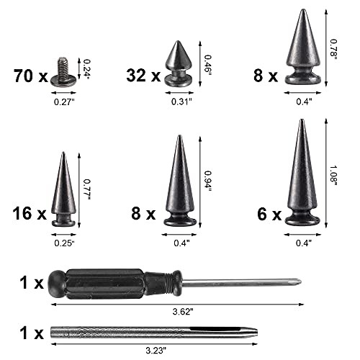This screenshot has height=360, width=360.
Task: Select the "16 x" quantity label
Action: [x=29, y=213]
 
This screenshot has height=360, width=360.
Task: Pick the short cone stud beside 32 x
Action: [x=178, y=64]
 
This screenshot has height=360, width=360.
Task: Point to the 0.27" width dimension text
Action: [x=63, y=101]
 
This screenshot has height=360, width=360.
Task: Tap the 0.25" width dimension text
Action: [x=64, y=242]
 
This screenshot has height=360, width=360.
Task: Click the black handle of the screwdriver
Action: [x=108, y=282]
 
